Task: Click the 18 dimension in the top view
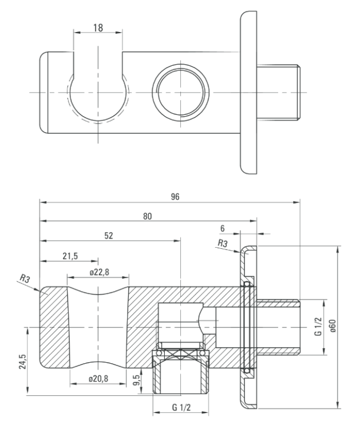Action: tap(98, 27)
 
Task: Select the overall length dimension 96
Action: tap(175, 196)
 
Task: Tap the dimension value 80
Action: tap(148, 217)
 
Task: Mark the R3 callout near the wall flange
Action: tap(223, 244)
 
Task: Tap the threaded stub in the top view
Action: tap(279, 92)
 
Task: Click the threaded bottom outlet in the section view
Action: tap(180, 375)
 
